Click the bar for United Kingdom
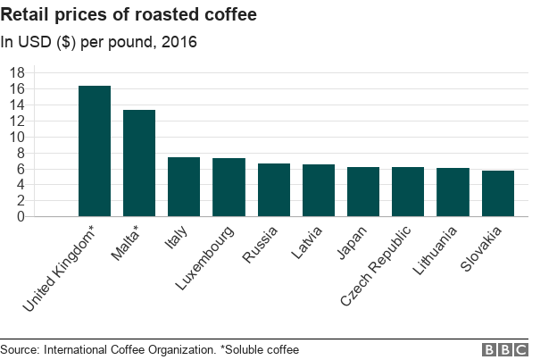pyautogui.click(x=95, y=151)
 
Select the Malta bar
pyautogui.click(x=139, y=163)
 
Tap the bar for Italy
pyautogui.click(x=184, y=187)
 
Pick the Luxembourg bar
pyautogui.click(x=229, y=187)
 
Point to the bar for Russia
pyautogui.click(x=274, y=189)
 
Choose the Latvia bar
pyautogui.click(x=319, y=190)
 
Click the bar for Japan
pyautogui.click(x=363, y=191)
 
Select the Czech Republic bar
pyautogui.click(x=408, y=191)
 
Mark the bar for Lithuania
pyautogui.click(x=453, y=192)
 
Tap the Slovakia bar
pyautogui.click(x=498, y=193)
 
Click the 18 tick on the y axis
pyautogui.click(x=16, y=72)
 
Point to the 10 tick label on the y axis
pyautogui.click(x=16, y=137)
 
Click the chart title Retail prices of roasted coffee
pyautogui.click(x=129, y=14)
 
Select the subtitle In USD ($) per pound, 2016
pyautogui.click(x=99, y=41)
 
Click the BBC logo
pyautogui.click(x=505, y=349)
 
